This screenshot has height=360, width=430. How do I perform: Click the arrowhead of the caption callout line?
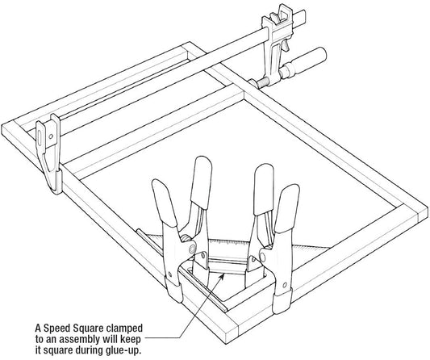click(x=222, y=277)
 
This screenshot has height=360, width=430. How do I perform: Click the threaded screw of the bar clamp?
click(x=263, y=82)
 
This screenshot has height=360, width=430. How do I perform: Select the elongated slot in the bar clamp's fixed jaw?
click(x=40, y=136)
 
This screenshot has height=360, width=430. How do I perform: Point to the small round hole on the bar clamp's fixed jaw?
click(x=51, y=136)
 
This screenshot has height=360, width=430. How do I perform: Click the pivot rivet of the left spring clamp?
click(x=193, y=249)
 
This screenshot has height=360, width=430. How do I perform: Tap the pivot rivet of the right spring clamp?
click(x=262, y=257)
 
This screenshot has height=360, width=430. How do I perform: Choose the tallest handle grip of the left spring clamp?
click(x=202, y=182)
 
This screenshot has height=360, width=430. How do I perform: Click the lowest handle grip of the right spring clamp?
click(x=286, y=208)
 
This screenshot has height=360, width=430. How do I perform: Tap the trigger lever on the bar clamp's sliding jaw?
click(x=286, y=45)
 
